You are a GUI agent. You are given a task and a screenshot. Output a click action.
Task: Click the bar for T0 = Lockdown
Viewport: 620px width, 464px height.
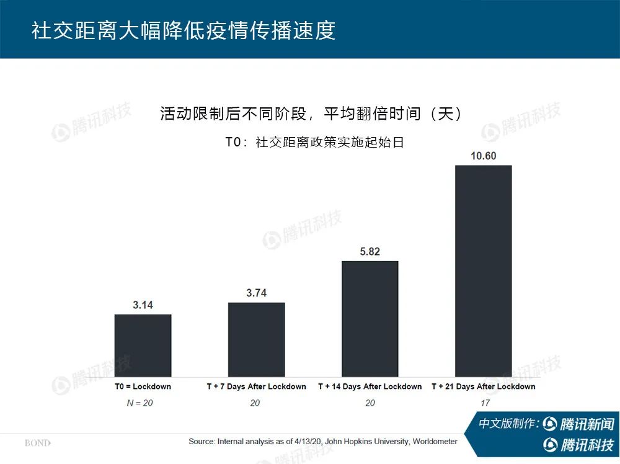143,345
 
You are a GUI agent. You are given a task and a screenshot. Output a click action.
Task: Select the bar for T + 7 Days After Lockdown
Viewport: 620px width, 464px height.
256,339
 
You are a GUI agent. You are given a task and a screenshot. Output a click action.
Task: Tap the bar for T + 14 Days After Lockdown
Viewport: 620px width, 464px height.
370,318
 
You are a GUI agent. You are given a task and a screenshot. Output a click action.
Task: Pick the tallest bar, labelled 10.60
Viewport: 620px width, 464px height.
484,270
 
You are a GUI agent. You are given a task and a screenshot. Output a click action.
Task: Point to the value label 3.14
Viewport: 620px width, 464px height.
143,305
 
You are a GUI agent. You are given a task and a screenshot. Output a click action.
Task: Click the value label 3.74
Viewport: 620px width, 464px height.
256,293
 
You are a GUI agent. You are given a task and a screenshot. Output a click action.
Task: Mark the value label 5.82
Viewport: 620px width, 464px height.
370,251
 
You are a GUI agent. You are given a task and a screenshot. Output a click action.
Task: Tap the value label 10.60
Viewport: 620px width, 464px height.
484,156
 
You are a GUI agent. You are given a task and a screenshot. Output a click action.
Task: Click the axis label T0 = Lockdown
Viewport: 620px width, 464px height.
143,386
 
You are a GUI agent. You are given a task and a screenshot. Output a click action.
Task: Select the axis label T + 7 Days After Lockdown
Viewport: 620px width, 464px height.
256,386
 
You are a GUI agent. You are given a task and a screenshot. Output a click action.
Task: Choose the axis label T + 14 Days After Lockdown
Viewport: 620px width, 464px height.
370,386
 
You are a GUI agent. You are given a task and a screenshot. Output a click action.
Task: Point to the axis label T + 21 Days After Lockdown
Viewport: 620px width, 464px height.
484,386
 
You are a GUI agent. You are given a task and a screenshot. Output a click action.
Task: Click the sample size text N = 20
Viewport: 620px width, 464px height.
140,403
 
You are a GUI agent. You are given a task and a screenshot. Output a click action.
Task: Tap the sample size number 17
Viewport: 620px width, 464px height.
485,403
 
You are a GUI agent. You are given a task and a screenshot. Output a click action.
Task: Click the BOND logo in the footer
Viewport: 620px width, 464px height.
37,443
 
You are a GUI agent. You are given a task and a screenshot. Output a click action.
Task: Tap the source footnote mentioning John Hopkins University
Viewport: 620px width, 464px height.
323,442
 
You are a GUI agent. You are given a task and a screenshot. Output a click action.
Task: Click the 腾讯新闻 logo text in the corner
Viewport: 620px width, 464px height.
586,424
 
